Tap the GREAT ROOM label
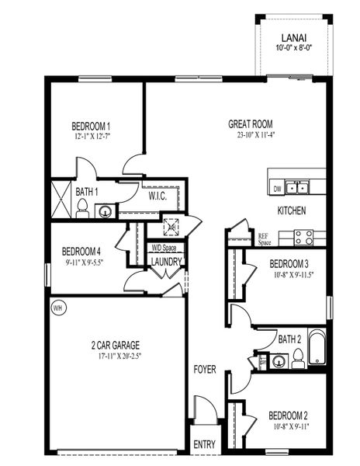250,123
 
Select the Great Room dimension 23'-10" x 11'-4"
250,134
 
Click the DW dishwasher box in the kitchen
277,188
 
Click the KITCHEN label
292,210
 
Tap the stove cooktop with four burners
303,237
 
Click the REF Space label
265,238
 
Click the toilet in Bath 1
82,207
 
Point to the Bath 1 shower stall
61,199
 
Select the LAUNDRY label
167,262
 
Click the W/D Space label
164,248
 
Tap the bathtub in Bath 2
316,348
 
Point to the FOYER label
204,370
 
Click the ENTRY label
204,445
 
